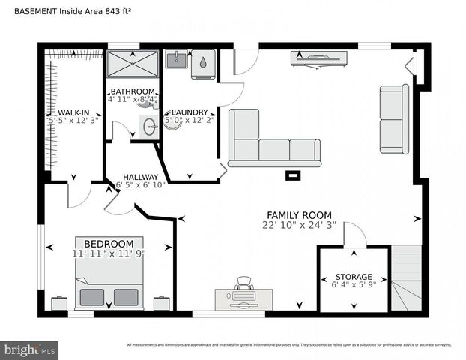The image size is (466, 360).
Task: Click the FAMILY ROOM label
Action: pos(299,215)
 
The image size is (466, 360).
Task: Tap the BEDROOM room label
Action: pos(109,244)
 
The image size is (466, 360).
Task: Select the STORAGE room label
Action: pos(353,277)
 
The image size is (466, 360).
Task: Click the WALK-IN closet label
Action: pos(74,112)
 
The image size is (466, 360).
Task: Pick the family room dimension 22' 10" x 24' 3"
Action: pos(299,225)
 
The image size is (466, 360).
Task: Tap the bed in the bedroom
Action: pos(109,283)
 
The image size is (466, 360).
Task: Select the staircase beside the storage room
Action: pos(406,277)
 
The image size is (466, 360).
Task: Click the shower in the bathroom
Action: pos(133,64)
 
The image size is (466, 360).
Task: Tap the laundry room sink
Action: pos(176,60)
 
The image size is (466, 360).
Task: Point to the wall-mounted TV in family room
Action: pos(318,57)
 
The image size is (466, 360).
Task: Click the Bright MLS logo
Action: pos(30,349)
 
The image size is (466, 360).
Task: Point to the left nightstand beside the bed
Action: pos(59,304)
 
